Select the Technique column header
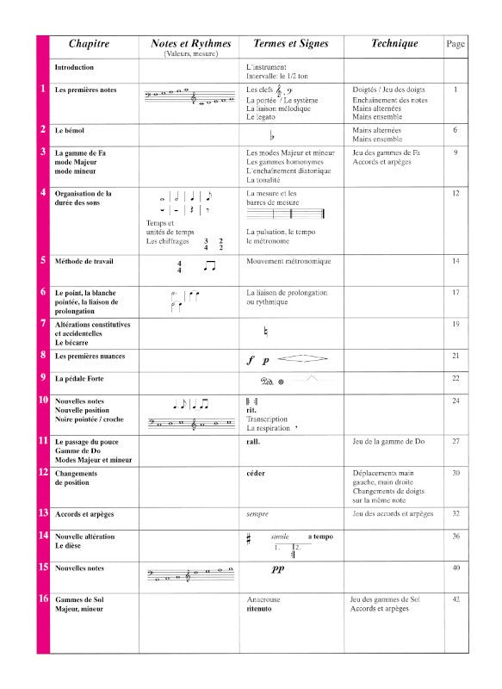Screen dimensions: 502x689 [394, 44]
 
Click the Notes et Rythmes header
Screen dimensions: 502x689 [189, 44]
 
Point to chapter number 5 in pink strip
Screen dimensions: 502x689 [43, 259]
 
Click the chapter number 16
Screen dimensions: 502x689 [43, 598]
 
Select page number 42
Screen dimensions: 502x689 [456, 599]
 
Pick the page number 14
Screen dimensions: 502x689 [456, 260]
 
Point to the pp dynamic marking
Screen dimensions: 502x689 [278, 569]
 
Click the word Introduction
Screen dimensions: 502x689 [74, 67]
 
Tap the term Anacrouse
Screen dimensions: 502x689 [264, 599]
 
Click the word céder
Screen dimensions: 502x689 [256, 473]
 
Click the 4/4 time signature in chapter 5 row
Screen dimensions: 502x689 [180, 267]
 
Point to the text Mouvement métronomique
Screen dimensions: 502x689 [288, 261]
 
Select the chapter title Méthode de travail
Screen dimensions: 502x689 [84, 260]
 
